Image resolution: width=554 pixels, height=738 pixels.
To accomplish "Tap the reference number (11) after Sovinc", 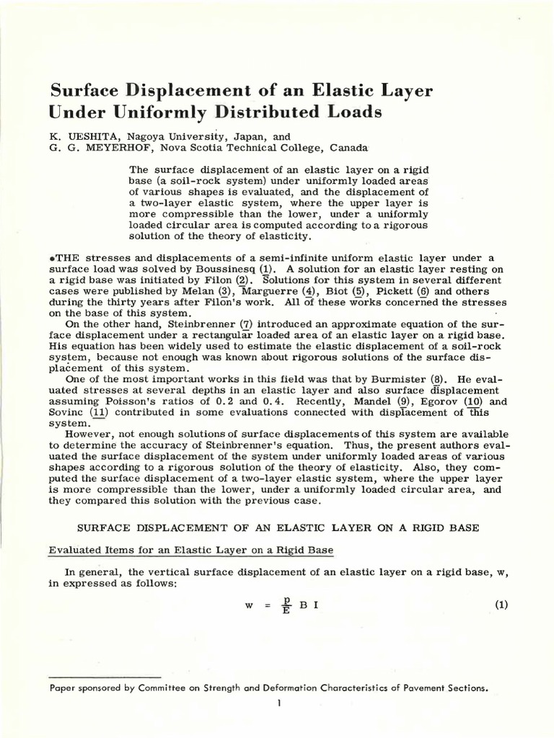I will tap(99, 412).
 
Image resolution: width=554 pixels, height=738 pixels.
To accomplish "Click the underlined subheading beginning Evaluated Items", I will tap(190, 551).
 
